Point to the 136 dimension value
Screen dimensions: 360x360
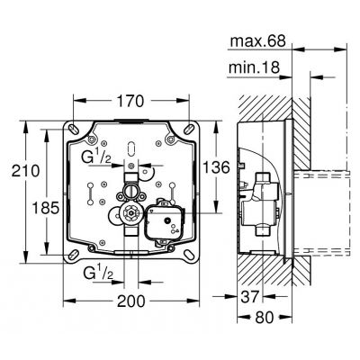coord(209,166)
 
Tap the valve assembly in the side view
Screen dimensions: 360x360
coord(263,202)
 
